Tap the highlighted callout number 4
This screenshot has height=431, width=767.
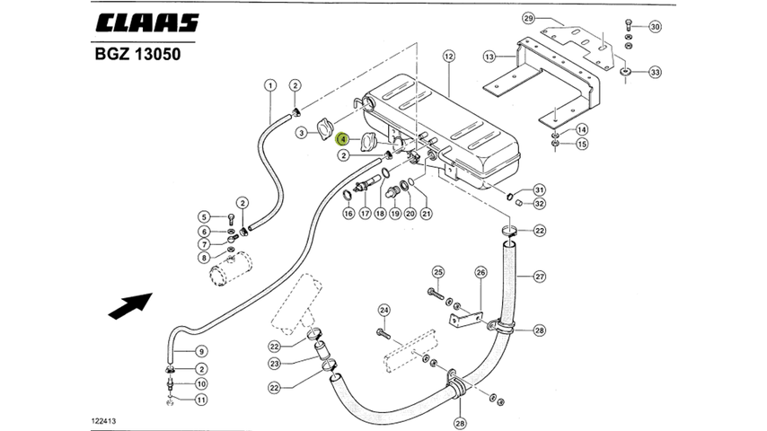(343, 138)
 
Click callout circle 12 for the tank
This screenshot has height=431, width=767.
(449, 56)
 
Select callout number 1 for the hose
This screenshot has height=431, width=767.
(269, 85)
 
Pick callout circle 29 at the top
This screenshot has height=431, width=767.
(528, 19)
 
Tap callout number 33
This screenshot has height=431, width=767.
(655, 72)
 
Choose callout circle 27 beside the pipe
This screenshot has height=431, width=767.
(539, 276)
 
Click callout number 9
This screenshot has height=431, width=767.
(202, 351)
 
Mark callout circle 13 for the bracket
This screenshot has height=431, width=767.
(489, 57)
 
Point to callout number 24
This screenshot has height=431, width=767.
(383, 311)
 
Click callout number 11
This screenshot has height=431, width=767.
(202, 400)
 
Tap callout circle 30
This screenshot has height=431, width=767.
(655, 26)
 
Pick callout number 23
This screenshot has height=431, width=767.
(276, 364)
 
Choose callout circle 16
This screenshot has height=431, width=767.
(348, 214)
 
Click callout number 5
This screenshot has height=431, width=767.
(204, 216)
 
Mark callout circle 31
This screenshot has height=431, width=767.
(539, 189)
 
